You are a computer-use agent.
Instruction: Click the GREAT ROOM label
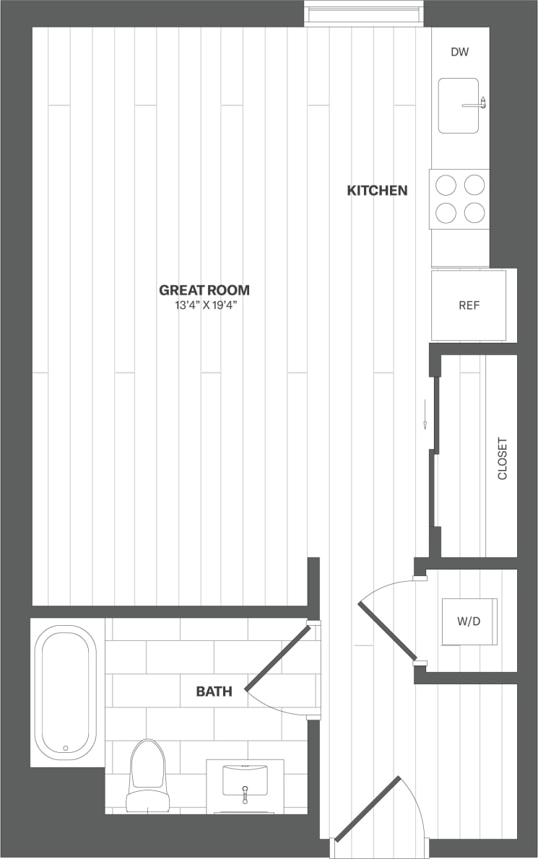(x=204, y=290)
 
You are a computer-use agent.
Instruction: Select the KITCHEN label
(x=377, y=191)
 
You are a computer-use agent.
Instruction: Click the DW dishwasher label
(x=460, y=52)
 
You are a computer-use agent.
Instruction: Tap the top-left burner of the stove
(x=446, y=186)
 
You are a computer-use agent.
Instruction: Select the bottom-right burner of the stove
(x=474, y=212)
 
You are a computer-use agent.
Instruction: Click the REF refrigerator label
(x=469, y=305)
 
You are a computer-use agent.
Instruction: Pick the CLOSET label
(x=503, y=458)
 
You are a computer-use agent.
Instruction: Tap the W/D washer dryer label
(x=469, y=621)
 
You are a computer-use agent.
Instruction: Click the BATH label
(x=214, y=692)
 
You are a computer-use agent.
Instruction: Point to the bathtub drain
(x=65, y=748)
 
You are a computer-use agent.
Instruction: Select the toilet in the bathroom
(x=147, y=776)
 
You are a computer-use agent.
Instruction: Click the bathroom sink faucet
(x=245, y=793)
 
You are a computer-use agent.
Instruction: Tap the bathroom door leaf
(x=278, y=658)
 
